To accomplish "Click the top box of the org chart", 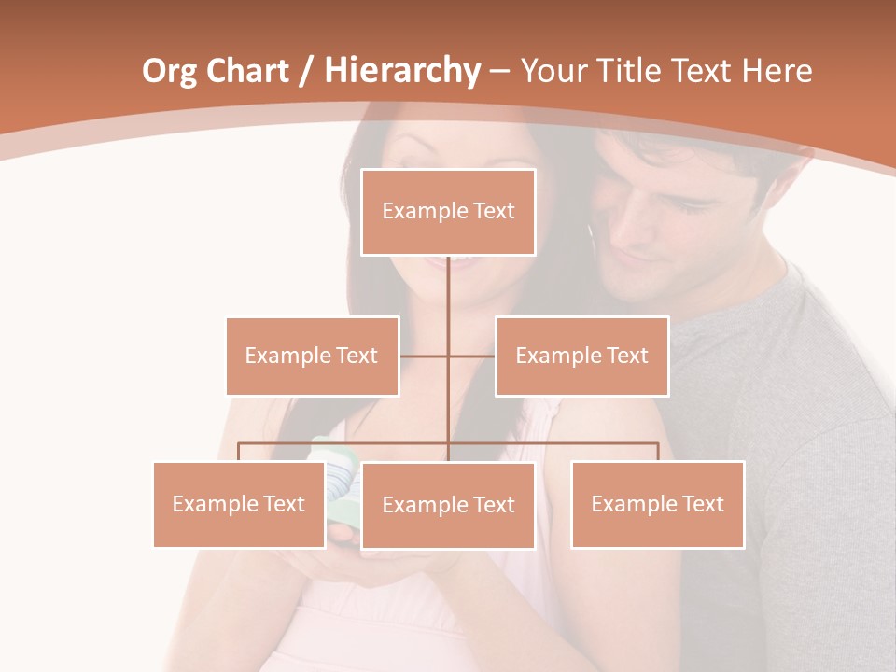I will [448, 212].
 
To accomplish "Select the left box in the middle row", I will [312, 356].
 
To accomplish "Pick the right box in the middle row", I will [581, 356].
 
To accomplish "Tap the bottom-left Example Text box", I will [238, 504].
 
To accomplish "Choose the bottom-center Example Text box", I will [448, 505].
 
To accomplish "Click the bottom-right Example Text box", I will [657, 504].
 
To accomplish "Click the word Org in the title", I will [169, 71].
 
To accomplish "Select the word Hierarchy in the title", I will [401, 71].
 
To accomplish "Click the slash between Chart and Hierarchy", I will [307, 71].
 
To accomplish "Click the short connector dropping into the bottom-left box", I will [238, 452].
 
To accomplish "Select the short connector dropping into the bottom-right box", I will [658, 452].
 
